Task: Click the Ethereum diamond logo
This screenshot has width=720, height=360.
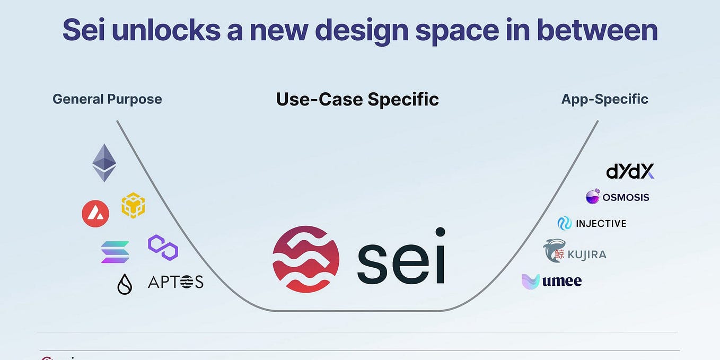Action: point(104,163)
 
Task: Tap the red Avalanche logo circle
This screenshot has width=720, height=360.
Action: point(95,214)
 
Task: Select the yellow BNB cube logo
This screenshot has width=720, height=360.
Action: point(133,205)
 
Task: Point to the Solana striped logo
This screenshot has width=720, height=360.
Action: point(115,252)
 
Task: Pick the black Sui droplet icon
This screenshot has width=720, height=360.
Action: point(125,284)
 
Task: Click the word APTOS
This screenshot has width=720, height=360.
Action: point(175,282)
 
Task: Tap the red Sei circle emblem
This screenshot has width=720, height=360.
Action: point(306,259)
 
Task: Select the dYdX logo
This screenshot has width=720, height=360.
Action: point(630,171)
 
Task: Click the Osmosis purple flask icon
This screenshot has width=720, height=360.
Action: point(593,197)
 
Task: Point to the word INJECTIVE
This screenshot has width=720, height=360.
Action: point(601,224)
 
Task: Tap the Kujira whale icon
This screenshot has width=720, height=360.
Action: point(555,251)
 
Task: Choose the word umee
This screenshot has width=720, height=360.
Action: point(562,281)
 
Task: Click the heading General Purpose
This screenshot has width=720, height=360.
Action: point(107,99)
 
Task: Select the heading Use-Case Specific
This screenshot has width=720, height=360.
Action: point(357,99)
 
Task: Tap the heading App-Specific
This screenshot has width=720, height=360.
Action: point(604,99)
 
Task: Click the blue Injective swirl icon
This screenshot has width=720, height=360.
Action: point(564,223)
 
